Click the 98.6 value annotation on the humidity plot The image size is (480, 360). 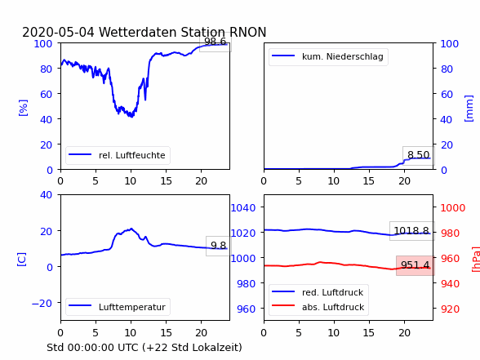pyautogui.click(x=215, y=42)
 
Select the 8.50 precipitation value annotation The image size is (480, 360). pyautogui.click(x=418, y=155)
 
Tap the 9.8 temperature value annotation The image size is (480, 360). pyautogui.click(x=218, y=245)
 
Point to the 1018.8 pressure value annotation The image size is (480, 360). pyautogui.click(x=411, y=230)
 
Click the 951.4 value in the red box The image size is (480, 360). pyautogui.click(x=415, y=264)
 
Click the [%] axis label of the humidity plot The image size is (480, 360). pyautogui.click(x=23, y=108)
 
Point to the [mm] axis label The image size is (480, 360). pyautogui.click(x=469, y=109)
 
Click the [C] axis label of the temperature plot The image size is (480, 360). pyautogui.click(x=22, y=260)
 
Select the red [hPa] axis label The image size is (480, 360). pyautogui.click(x=476, y=260)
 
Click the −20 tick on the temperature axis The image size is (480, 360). pyautogui.click(x=42, y=303)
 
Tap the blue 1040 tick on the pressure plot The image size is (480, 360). pyautogui.click(x=243, y=208)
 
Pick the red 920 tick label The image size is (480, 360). pyautogui.click(x=450, y=309)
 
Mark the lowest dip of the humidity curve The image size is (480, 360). pyautogui.click(x=132, y=117)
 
